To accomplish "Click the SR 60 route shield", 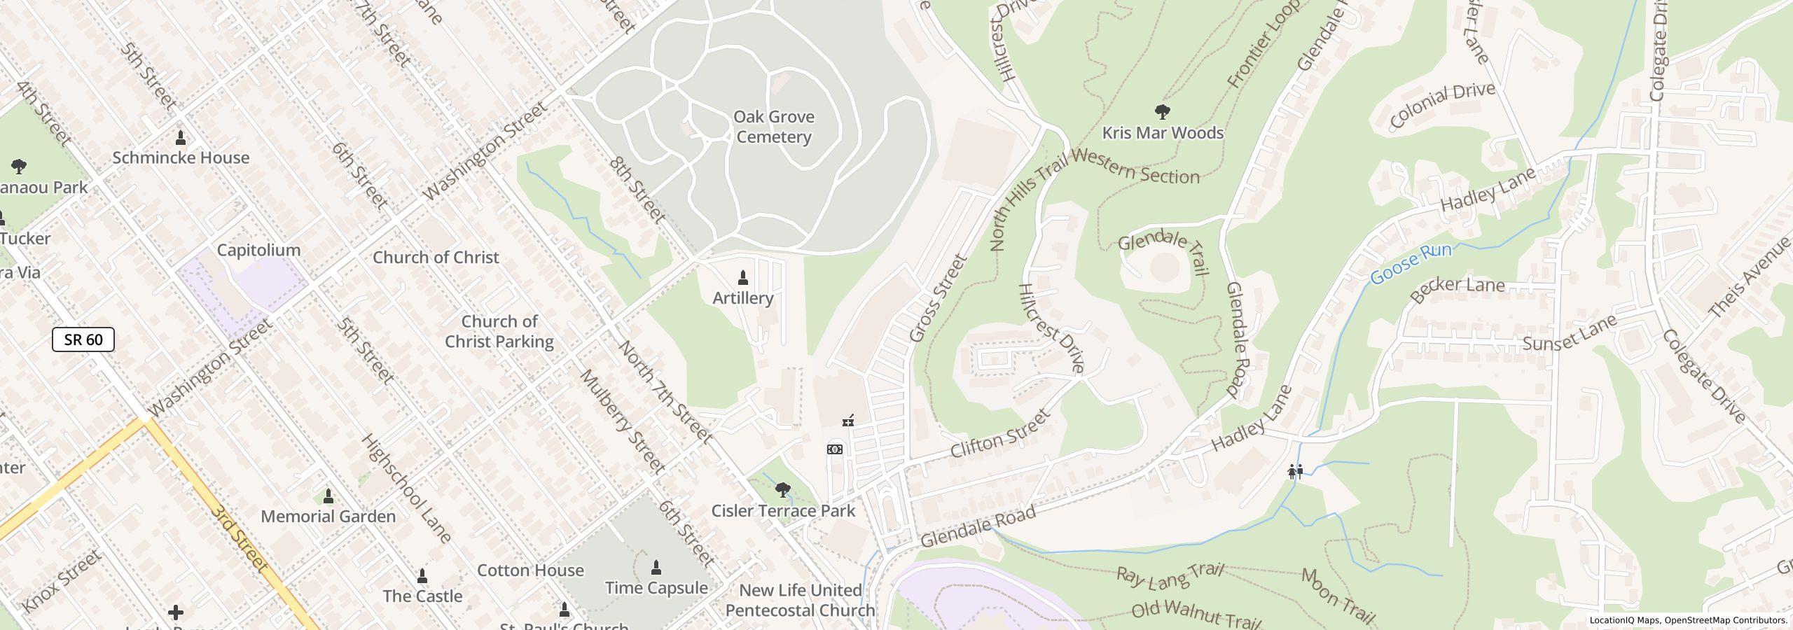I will coord(83,340).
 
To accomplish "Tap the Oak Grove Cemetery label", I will coord(773,127).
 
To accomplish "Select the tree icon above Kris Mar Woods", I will coord(1162,111).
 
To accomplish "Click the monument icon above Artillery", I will coord(743,279).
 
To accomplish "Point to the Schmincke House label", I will coord(181,157).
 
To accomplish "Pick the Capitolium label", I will coord(258,250).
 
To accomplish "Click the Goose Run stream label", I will coord(1411,265).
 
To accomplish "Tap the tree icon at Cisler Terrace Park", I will coord(783,489).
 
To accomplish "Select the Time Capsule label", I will coord(656,587).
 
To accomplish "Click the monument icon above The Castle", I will coord(422,576).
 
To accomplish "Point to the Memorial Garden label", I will coord(328,516).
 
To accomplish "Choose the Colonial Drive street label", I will coord(1442,106).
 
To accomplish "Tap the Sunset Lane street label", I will coord(1570,333).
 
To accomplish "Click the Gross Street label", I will coord(939,298).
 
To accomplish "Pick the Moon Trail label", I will coord(1338,596).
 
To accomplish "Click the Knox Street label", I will coord(62,582).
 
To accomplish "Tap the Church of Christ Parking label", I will coord(499,331).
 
